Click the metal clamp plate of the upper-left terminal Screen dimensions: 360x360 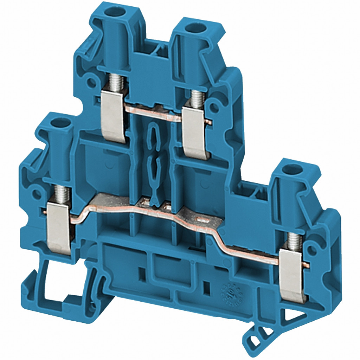(113, 120)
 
